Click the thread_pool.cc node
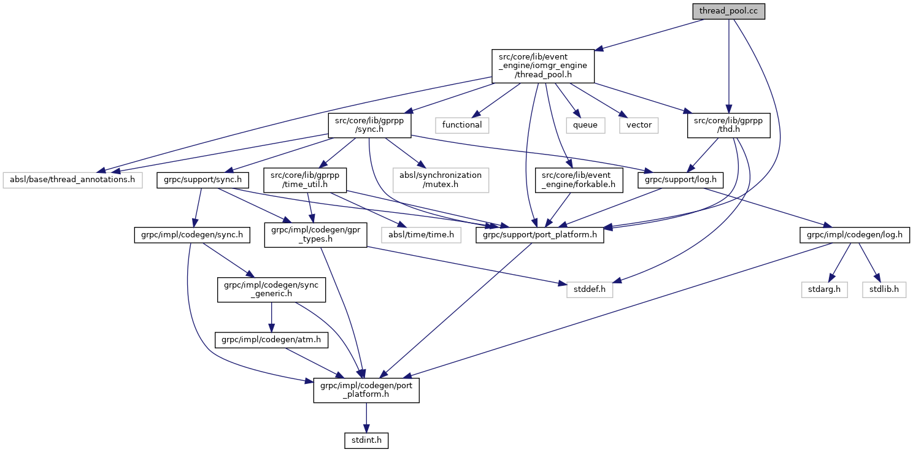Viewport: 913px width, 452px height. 728,11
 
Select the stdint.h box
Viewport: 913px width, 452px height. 366,440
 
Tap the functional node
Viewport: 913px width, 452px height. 462,124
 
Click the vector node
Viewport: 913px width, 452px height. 639,124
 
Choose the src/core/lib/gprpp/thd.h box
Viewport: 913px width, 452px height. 728,124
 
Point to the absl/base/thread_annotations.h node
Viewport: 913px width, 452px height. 72,180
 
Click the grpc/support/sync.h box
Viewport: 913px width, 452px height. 204,180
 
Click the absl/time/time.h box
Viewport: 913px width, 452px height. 420,235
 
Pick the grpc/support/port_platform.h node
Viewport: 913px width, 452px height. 540,235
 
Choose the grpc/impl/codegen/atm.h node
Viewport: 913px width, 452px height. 271,339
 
